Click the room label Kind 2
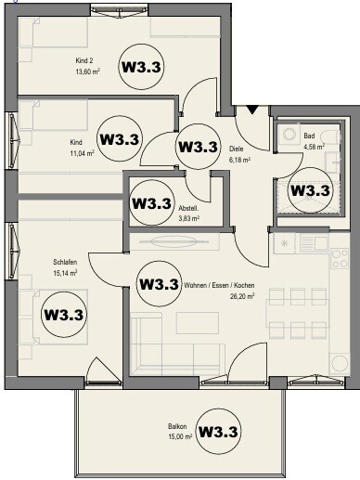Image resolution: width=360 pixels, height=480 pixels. (x=84, y=63)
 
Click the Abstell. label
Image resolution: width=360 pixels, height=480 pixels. (x=189, y=209)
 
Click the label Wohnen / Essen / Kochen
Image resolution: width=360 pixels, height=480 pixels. (x=218, y=284)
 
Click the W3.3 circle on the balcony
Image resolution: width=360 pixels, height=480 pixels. (x=220, y=432)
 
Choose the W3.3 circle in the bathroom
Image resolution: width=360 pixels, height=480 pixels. (x=311, y=190)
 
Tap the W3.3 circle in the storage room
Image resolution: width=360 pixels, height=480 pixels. (x=152, y=202)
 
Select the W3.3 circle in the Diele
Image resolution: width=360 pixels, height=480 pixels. (x=197, y=147)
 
